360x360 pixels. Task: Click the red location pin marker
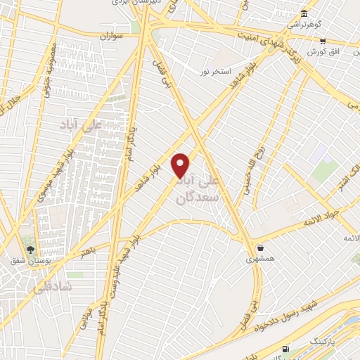tap(181, 165)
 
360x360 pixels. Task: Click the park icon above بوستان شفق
tap(30, 248)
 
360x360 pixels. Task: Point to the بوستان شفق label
tap(28, 261)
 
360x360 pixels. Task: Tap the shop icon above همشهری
tap(261, 247)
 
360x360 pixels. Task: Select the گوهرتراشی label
tap(303, 25)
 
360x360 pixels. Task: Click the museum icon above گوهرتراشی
tap(303, 13)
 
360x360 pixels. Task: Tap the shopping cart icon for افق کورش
tap(322, 41)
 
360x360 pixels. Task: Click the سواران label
tap(111, 34)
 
